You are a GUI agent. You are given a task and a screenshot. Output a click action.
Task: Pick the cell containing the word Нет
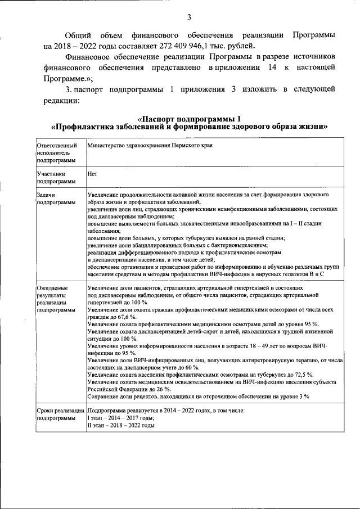pyautogui.click(x=93, y=174)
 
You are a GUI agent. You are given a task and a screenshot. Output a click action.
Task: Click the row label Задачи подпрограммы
pyautogui.click(x=54, y=197)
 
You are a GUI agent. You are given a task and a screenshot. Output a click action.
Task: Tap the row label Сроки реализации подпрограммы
pyautogui.click(x=59, y=415)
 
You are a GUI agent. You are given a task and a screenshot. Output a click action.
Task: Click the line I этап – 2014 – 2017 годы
pyautogui.click(x=121, y=418)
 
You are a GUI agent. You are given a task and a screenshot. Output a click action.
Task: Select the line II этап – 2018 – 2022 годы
pyautogui.click(x=121, y=426)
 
